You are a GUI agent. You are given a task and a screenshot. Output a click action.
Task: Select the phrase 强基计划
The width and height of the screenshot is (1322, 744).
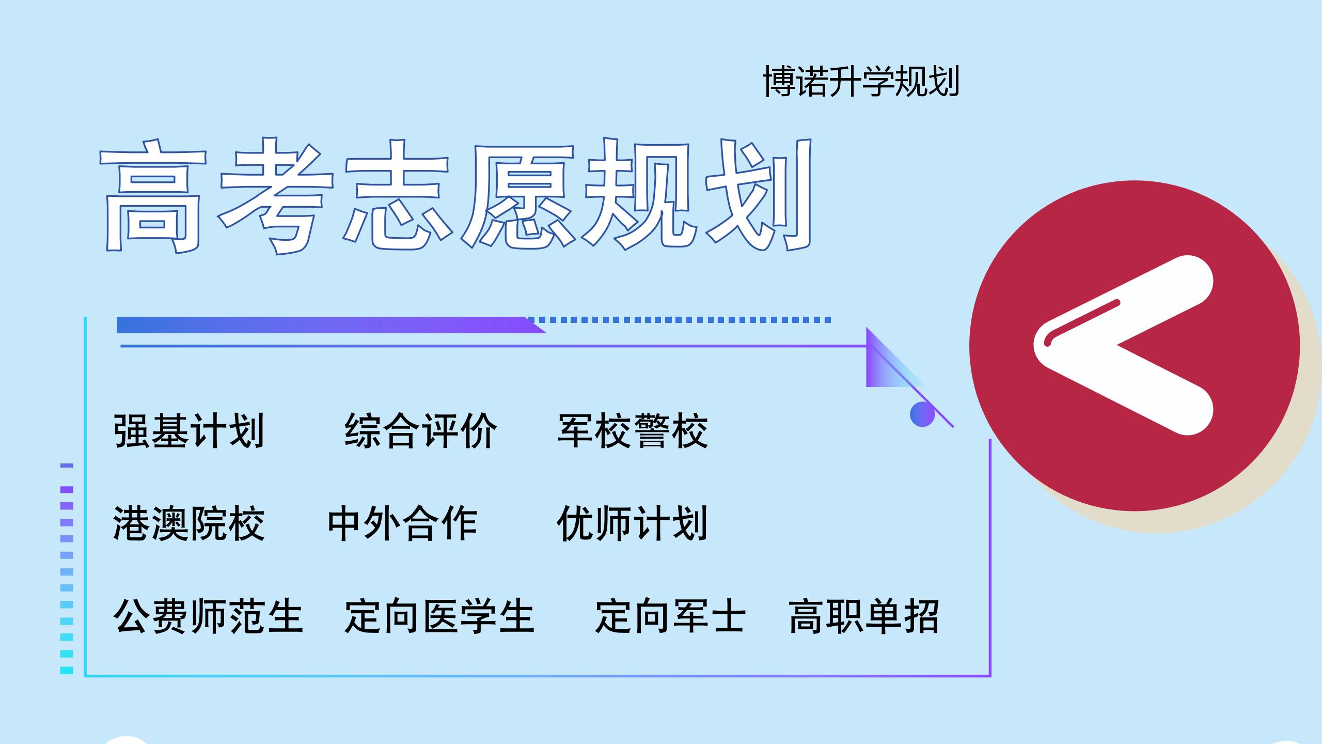(189, 431)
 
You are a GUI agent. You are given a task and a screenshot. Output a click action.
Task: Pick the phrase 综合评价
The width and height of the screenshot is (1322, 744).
(420, 431)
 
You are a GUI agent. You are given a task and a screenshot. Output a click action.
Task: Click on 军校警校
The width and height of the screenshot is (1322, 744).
(633, 431)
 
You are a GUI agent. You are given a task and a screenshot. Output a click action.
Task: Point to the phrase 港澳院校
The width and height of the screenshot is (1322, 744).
(189, 524)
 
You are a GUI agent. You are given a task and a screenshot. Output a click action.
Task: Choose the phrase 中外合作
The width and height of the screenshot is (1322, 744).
(402, 524)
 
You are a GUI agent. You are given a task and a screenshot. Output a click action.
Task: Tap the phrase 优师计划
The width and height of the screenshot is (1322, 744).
(633, 524)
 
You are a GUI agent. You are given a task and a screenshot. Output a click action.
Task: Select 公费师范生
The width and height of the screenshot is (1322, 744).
(208, 616)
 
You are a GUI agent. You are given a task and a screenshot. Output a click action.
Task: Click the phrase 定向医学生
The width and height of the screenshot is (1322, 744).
(439, 616)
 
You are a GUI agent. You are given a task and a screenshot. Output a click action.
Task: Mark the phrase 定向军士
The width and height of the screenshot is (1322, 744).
(670, 616)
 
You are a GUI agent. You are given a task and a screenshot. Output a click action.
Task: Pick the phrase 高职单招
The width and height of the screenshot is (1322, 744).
(864, 616)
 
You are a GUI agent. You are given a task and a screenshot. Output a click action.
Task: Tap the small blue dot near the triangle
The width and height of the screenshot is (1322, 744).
(922, 414)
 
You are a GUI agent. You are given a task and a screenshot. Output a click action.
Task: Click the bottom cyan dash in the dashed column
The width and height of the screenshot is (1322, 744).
(67, 671)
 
